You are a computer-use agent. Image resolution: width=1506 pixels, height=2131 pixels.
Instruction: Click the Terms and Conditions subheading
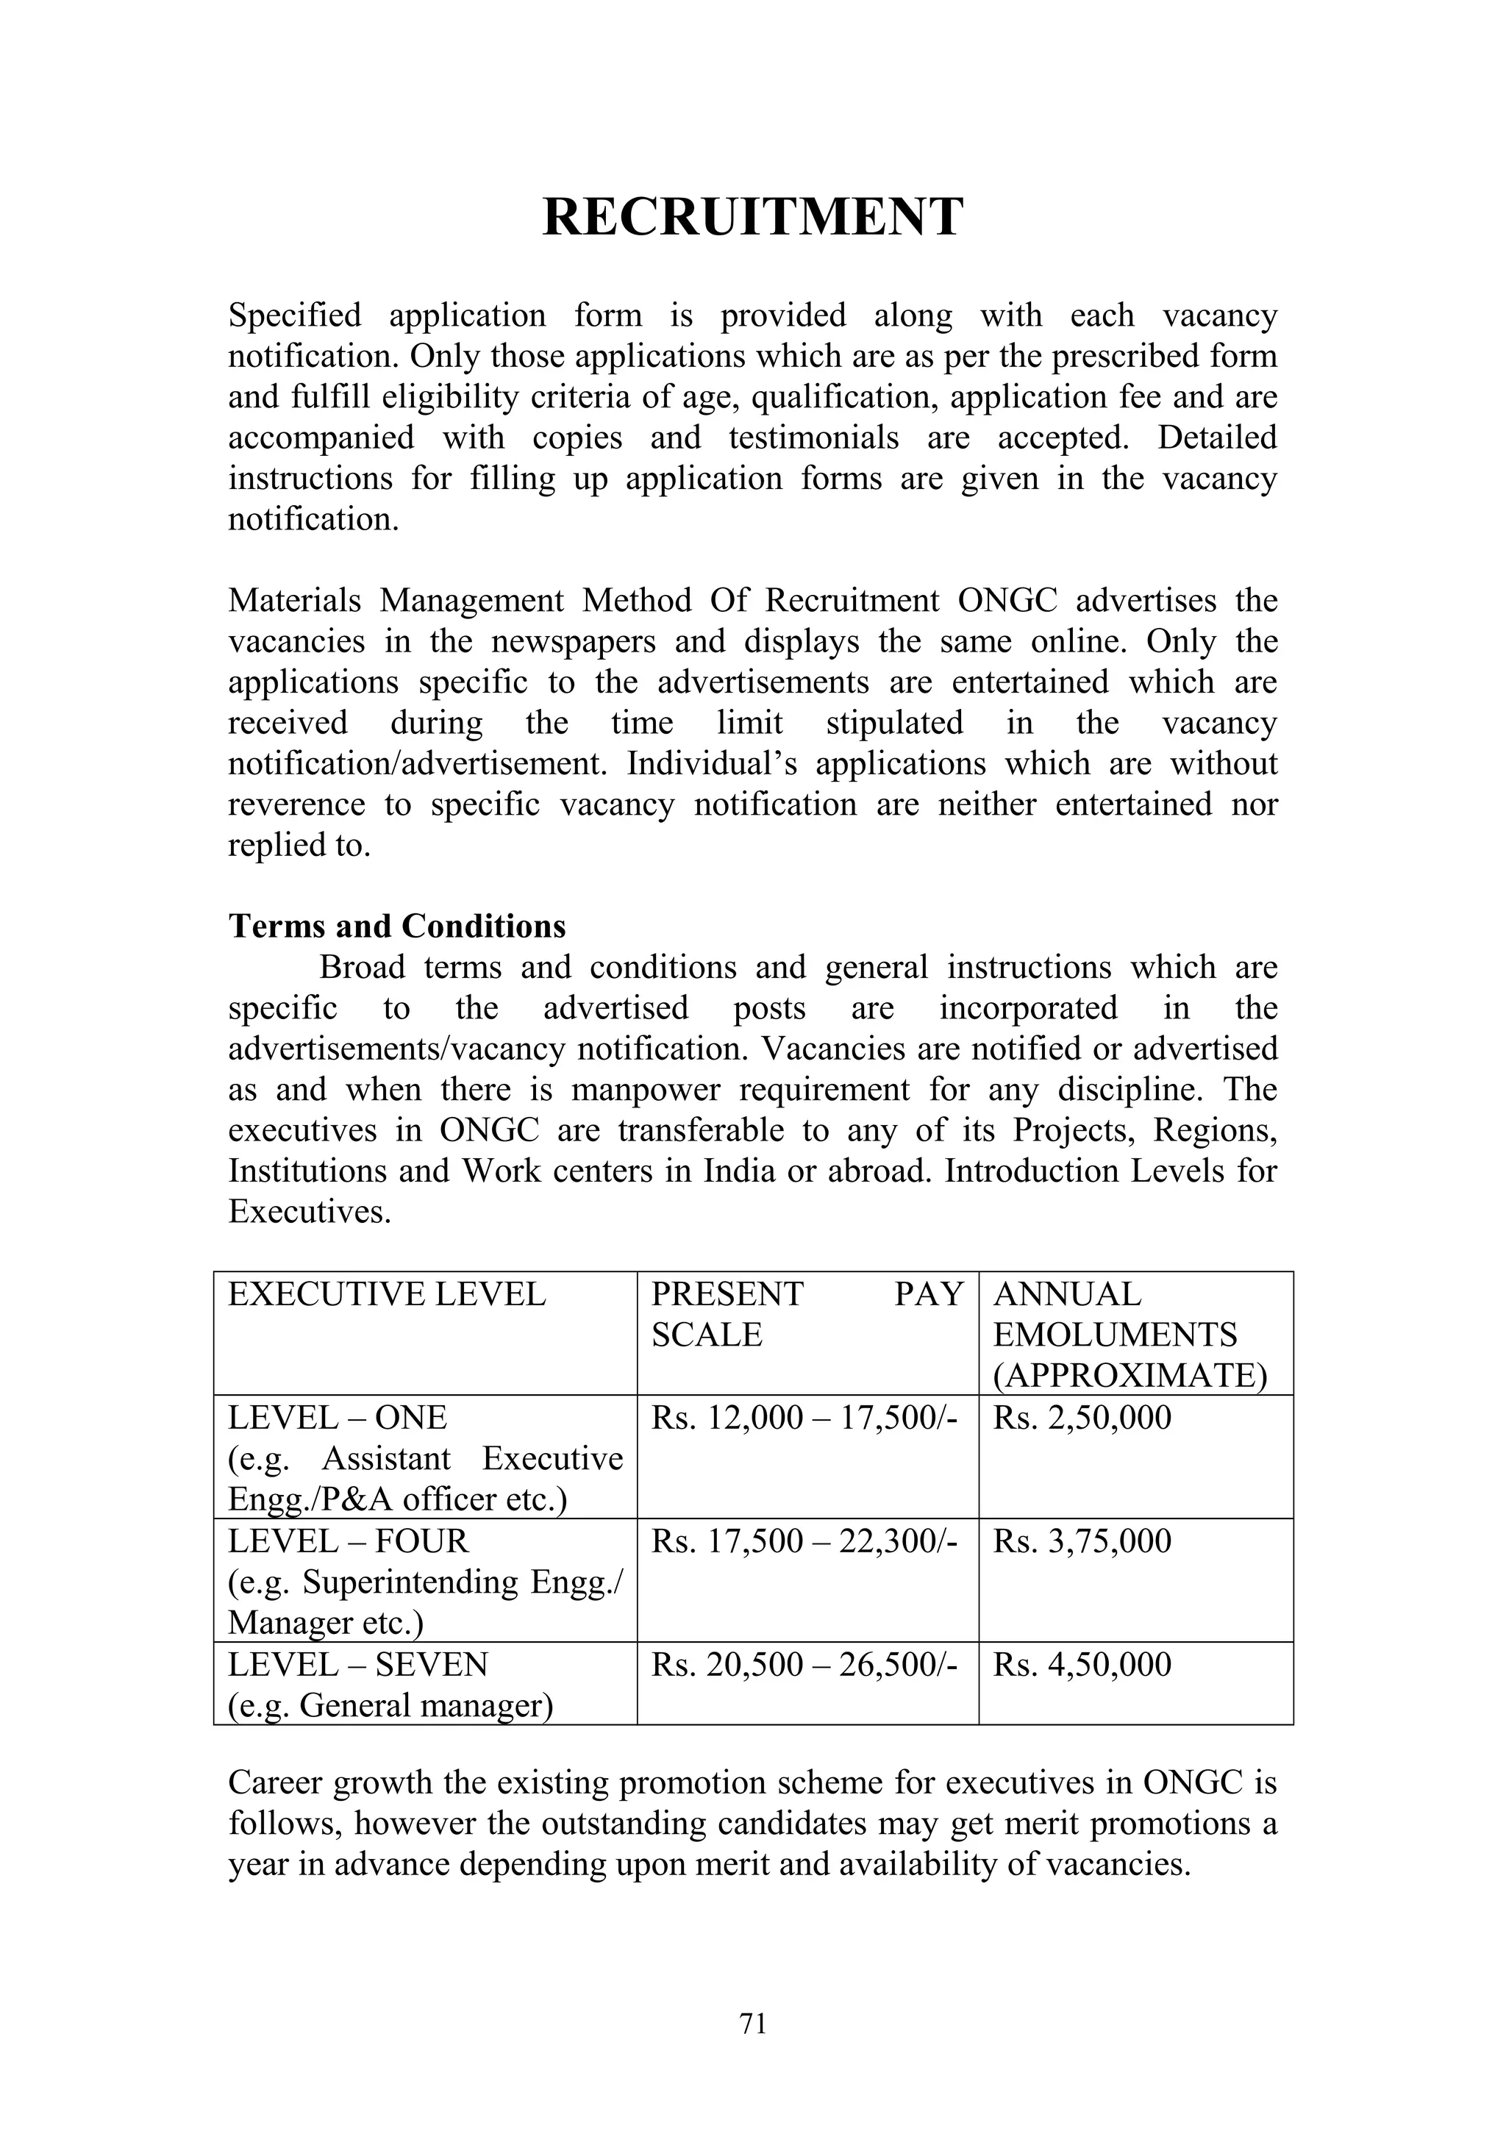397,927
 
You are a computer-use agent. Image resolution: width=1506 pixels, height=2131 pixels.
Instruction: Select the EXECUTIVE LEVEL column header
387,1294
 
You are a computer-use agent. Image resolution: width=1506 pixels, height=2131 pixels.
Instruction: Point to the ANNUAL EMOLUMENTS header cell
1130,1335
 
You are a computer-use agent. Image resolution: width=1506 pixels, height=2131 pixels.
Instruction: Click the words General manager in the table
425,1706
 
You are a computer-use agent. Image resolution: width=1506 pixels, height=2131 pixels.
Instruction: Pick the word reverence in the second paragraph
297,804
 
